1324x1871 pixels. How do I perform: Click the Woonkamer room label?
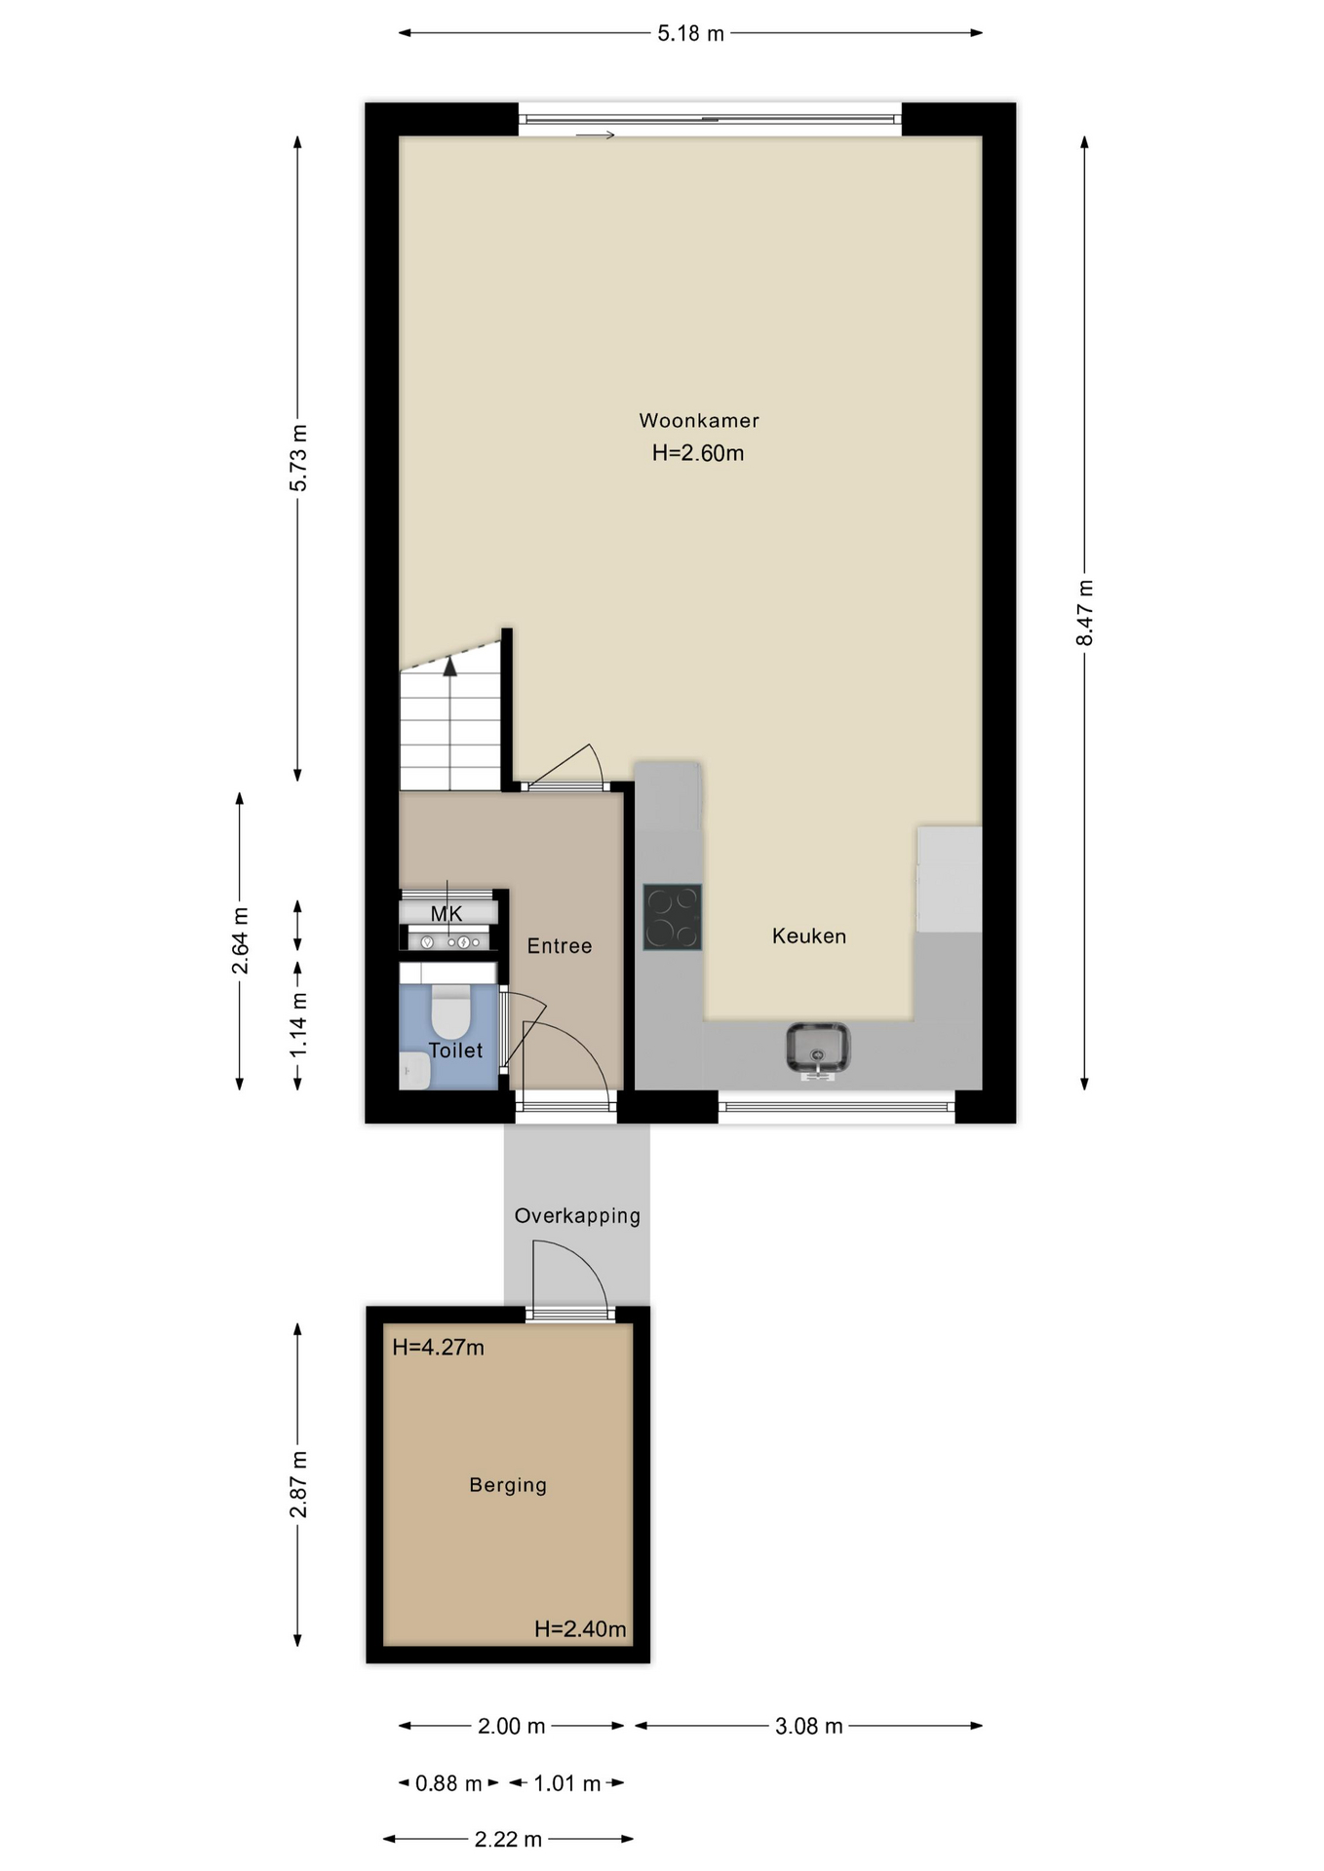[x=699, y=421]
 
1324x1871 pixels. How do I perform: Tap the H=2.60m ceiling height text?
[x=698, y=453]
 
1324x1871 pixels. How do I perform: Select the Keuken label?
[x=809, y=936]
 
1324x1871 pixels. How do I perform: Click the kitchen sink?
[x=817, y=1050]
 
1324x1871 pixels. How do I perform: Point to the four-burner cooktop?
[x=672, y=917]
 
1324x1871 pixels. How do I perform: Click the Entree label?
[x=560, y=946]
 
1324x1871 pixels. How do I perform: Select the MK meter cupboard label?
[x=447, y=914]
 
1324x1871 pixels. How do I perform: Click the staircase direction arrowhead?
[x=449, y=667]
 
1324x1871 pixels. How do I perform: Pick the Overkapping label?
[x=577, y=1216]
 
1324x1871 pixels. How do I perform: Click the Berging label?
[x=508, y=1485]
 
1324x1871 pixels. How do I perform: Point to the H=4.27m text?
[x=438, y=1348]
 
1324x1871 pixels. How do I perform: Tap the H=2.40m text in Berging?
[x=580, y=1629]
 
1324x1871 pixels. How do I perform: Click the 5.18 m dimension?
[x=690, y=34]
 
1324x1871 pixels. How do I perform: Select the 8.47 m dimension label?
[x=1085, y=613]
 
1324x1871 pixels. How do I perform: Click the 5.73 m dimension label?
[x=298, y=458]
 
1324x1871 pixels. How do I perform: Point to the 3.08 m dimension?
[x=808, y=1727]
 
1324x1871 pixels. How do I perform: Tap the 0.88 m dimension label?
[x=448, y=1783]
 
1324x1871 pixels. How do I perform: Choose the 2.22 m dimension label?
[x=508, y=1840]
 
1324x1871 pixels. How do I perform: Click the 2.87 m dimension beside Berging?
[x=298, y=1484]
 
